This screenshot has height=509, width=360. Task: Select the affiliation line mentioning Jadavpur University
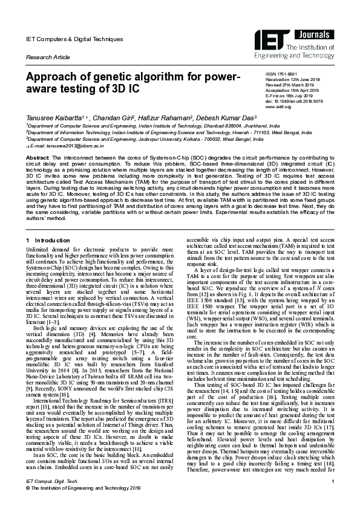point(144,139)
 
